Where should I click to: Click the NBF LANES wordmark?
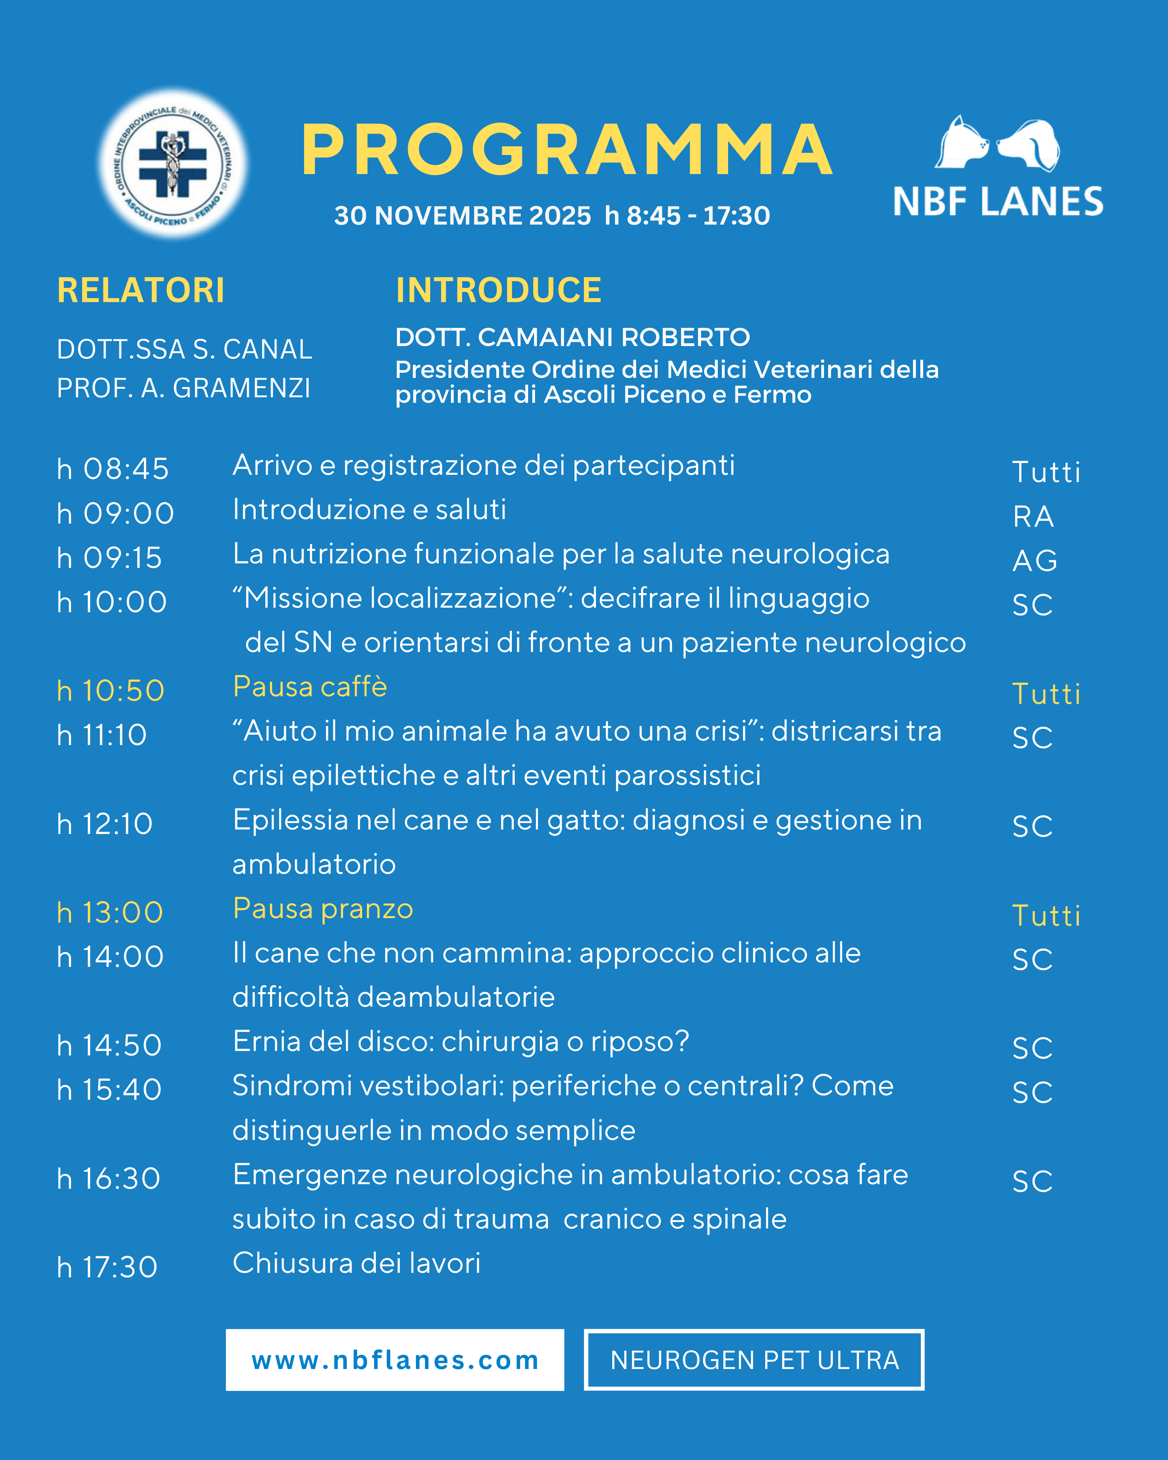(998, 202)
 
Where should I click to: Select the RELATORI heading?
(141, 290)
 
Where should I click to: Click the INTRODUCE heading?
(498, 290)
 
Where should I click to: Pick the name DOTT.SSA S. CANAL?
(184, 350)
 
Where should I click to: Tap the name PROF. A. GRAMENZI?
(183, 388)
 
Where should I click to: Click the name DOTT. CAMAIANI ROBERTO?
(572, 337)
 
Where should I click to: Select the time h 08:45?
(113, 469)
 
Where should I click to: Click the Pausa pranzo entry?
(323, 909)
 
